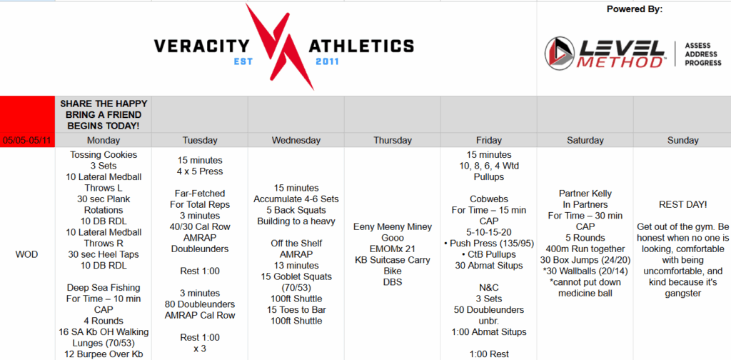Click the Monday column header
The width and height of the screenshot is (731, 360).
104,141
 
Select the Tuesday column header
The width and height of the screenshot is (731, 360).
200,141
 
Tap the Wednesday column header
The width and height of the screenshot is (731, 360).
296,141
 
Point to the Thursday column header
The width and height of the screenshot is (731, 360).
393,141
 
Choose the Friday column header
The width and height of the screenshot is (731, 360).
488,141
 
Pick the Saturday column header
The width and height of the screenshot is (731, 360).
585,141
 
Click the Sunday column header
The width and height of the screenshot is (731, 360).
682,141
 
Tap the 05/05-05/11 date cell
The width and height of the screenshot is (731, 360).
28,141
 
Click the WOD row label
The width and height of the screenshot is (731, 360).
27,254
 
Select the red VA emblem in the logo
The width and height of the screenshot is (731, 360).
280,46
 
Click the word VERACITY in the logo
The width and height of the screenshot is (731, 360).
201,46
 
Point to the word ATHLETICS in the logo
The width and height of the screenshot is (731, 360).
361,46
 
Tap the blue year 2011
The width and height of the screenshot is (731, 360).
327,61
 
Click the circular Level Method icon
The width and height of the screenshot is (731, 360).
560,54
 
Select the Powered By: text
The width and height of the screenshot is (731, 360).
635,9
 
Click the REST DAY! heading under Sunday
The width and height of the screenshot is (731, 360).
682,204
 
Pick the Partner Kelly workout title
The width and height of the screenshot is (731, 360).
585,193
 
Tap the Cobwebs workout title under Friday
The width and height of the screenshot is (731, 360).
488,199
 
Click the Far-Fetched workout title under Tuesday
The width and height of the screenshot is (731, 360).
200,193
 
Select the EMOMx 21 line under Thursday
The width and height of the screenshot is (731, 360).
393,249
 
